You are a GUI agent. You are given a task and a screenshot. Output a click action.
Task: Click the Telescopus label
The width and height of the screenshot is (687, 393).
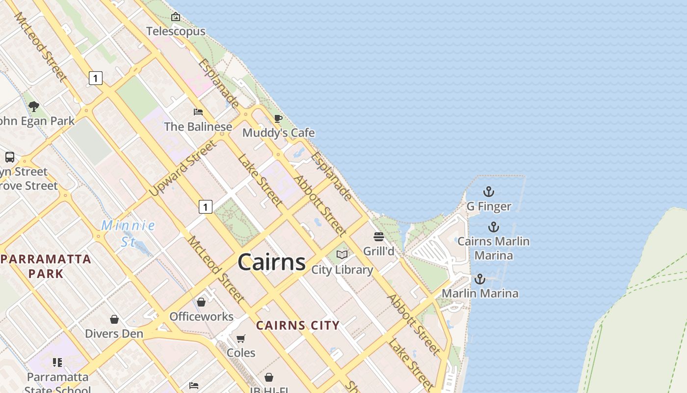click(176, 31)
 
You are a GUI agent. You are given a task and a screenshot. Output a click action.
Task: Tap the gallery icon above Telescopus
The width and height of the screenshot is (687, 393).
click(176, 17)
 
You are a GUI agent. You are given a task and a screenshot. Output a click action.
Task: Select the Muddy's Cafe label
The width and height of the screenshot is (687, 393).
click(278, 133)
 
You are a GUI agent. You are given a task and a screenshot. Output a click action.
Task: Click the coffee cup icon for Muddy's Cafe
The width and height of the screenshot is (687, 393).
click(278, 119)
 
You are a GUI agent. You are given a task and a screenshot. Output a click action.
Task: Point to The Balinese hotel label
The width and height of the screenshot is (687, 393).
click(198, 126)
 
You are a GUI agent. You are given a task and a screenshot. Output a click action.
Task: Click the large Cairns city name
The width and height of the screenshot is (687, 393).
click(271, 262)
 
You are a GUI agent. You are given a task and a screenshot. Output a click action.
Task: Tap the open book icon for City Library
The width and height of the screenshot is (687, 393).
click(342, 255)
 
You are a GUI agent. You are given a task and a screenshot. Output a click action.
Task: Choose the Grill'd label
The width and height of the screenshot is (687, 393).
click(378, 251)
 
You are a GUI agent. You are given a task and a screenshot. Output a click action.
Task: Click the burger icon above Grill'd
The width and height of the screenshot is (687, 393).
click(378, 237)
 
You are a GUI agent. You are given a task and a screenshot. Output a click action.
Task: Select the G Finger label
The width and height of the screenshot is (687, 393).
click(489, 206)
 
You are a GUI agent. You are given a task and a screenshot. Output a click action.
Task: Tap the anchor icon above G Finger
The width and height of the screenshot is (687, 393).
click(489, 192)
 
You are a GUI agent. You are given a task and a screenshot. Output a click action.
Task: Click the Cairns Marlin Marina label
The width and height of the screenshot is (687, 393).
click(493, 248)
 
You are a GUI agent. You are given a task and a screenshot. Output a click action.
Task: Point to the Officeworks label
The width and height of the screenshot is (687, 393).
click(201, 316)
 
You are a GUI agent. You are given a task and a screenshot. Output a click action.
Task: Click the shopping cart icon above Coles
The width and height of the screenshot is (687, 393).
click(241, 338)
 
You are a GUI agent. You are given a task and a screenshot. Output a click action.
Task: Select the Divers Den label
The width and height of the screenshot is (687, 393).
click(114, 334)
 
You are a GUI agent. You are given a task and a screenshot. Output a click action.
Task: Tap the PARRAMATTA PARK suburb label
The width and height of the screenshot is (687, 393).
click(46, 266)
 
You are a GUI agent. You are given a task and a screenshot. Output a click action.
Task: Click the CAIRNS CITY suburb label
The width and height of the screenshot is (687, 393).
click(298, 325)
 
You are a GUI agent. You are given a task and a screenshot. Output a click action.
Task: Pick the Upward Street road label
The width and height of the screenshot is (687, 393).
click(183, 168)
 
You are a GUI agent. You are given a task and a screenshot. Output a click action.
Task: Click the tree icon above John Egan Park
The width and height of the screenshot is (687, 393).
click(34, 106)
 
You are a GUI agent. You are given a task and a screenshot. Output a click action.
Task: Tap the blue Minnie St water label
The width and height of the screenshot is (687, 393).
click(128, 233)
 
